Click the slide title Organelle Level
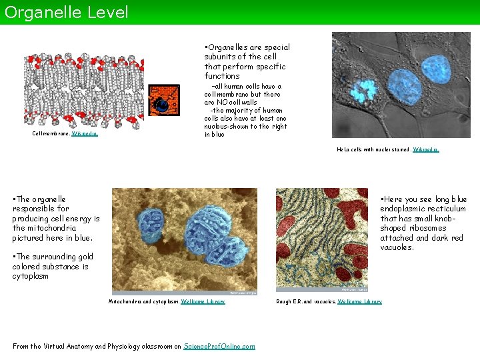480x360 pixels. pos(65,12)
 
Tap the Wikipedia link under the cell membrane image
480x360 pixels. pos(85,133)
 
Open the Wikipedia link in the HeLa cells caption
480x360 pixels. pos(426,149)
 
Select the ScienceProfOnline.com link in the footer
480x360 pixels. pos(219,346)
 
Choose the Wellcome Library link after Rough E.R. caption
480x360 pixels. pos(359,301)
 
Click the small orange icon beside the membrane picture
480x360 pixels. pos(163,101)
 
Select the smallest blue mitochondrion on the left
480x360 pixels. pos(151,223)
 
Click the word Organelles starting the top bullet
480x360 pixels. pos(231,47)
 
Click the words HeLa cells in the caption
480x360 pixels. pos(351,149)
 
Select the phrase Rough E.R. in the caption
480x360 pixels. pos(291,301)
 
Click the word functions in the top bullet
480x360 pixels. pos(222,76)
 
